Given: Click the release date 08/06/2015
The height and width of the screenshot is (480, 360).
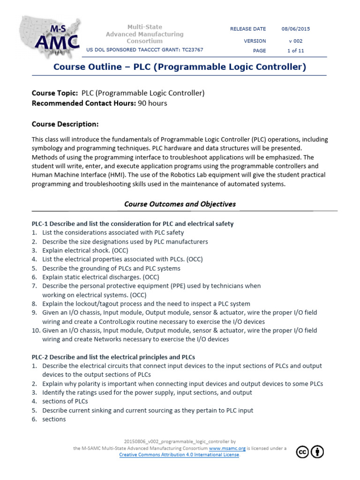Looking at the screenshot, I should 295,29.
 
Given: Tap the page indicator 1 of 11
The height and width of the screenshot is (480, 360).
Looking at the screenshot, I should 295,51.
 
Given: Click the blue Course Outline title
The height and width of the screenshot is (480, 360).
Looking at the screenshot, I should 180,67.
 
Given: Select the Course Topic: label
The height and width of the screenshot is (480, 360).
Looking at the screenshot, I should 55,93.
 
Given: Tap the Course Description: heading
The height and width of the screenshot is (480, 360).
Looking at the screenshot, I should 65,124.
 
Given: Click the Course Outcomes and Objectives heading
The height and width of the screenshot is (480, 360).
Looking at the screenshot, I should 180,204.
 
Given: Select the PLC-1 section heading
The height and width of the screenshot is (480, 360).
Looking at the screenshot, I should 132,224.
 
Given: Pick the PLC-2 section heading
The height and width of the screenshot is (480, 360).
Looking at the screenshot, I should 113,357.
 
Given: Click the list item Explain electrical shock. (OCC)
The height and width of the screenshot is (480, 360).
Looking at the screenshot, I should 85,251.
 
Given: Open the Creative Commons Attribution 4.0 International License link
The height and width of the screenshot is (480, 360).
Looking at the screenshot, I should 179,455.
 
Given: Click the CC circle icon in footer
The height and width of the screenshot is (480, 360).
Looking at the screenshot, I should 303,451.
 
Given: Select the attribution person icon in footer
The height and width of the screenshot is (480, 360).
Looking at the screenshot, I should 317,451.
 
